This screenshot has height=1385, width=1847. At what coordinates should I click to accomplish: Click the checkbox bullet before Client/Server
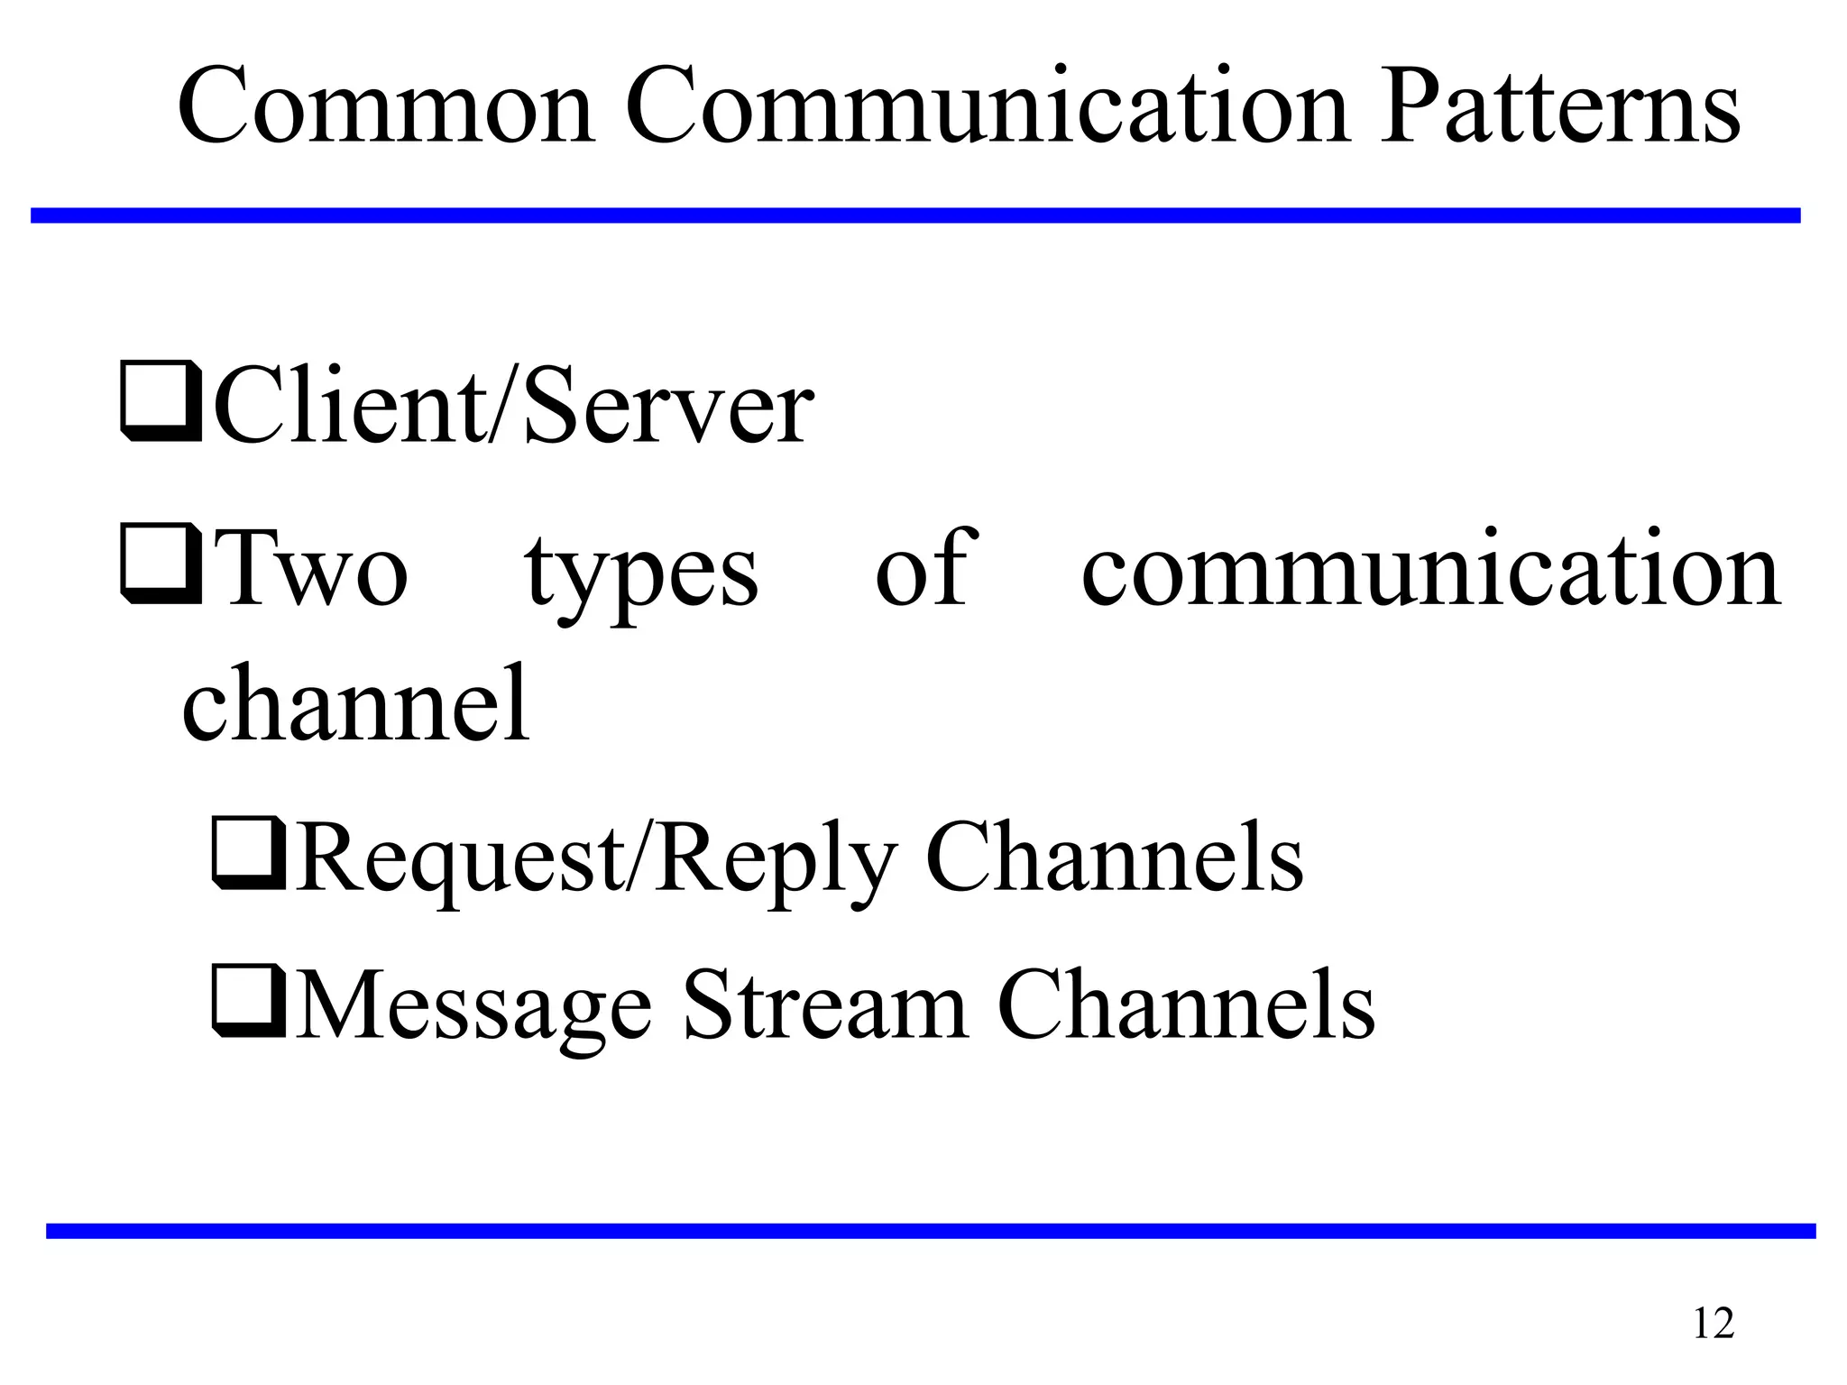tap(160, 401)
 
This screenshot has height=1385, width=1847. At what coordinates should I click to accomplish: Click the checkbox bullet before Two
tap(160, 565)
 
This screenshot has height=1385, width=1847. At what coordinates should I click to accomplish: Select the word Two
tap(313, 570)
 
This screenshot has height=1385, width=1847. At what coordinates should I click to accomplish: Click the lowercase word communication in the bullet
tap(1430, 570)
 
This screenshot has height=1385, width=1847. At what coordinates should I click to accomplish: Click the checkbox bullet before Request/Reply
tap(249, 852)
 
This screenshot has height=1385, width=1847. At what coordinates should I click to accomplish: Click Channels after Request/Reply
tap(1115, 857)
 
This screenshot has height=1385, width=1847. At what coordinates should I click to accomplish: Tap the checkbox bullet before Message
tap(249, 1001)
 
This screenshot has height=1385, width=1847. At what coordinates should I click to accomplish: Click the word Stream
tap(825, 1005)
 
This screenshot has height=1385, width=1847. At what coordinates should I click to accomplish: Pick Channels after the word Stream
tap(1187, 1005)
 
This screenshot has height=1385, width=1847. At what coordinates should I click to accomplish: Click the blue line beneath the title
tap(915, 216)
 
